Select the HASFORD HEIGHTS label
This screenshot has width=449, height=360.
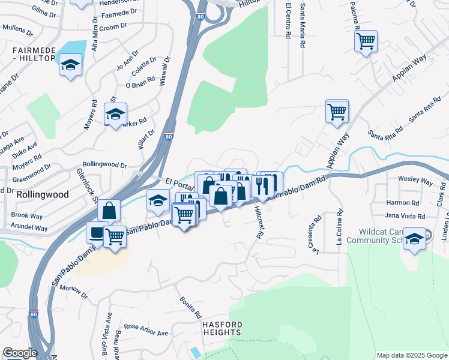(221, 328)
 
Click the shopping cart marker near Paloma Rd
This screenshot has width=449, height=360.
(366, 42)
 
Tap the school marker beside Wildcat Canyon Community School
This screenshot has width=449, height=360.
(414, 238)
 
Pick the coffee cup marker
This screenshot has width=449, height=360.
(97, 232)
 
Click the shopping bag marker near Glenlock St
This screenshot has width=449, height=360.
(109, 211)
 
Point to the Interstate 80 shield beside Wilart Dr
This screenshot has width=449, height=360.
(169, 137)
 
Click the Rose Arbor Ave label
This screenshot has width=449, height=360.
(146, 331)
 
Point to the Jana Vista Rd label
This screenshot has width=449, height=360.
(405, 216)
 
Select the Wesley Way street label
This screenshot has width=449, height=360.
(415, 180)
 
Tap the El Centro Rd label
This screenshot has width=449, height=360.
(288, 21)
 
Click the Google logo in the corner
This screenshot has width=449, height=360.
(20, 353)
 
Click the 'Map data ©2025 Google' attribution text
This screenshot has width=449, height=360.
(411, 355)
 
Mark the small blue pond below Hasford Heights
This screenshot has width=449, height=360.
(196, 352)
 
